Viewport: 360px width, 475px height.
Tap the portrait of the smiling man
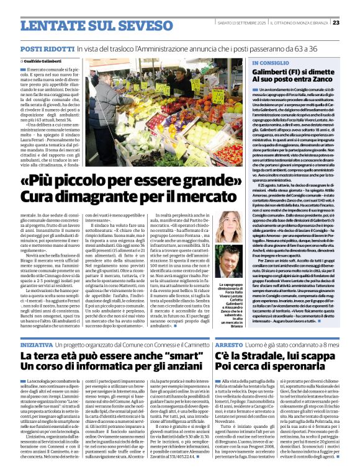point(231,260)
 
